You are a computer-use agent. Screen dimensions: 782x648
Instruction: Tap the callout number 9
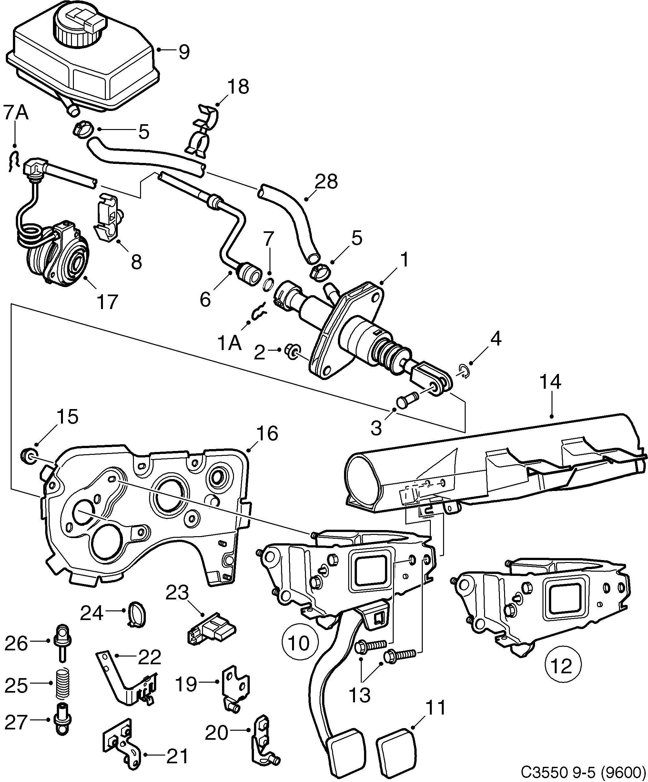coord(184,52)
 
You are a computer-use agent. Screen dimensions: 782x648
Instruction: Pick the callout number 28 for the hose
coord(326,182)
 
